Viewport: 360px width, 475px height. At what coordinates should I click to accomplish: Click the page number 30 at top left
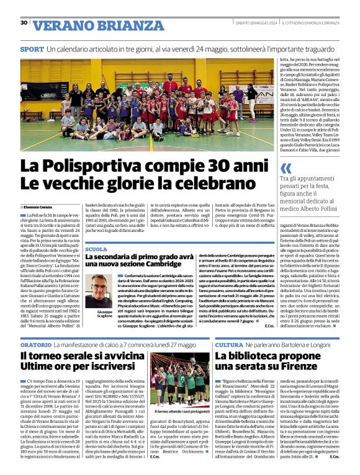24,23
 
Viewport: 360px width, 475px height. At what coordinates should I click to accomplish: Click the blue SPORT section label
32,48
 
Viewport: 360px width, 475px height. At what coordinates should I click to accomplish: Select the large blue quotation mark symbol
286,168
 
